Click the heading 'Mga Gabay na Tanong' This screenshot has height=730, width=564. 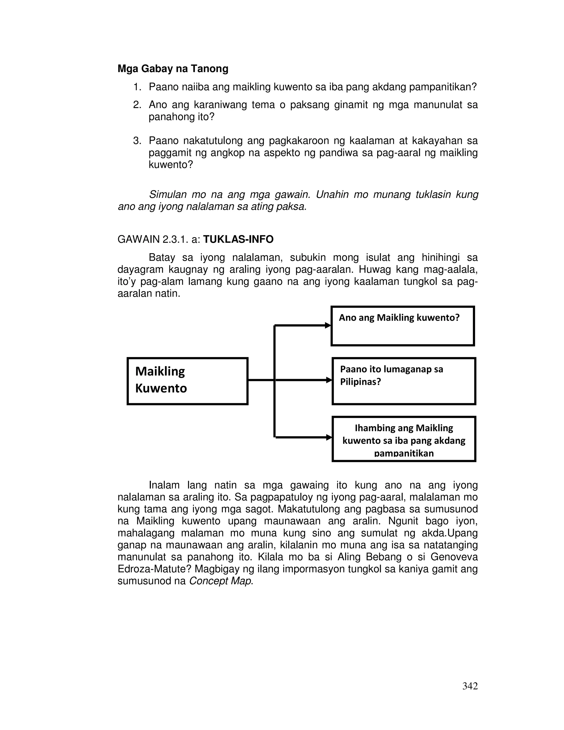tap(173, 69)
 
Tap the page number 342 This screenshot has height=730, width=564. tap(470, 686)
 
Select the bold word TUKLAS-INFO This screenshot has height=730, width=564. tap(238, 239)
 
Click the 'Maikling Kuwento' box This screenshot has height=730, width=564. tap(188, 381)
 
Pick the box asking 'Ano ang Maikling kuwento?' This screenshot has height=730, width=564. tap(402, 326)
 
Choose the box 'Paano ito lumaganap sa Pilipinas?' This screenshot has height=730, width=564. tap(404, 381)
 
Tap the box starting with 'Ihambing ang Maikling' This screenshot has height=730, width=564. tap(404, 439)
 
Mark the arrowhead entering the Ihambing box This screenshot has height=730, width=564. tap(329, 437)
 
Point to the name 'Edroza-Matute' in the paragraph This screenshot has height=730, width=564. tap(153, 569)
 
